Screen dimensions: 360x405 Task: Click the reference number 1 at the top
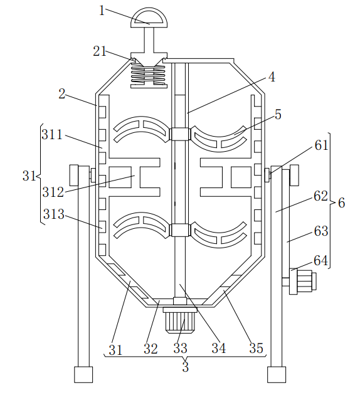click(x=102, y=11)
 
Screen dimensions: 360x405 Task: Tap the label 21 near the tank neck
click(x=100, y=51)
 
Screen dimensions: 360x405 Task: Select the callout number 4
click(x=272, y=77)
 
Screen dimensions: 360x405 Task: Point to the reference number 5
click(x=278, y=115)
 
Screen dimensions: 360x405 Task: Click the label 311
click(x=52, y=135)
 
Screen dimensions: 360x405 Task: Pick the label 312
click(x=53, y=192)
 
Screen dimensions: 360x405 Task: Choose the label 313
click(x=54, y=214)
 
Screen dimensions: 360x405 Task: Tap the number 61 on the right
click(x=321, y=145)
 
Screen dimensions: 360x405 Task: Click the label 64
click(x=320, y=260)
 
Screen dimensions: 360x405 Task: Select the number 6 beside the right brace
click(x=342, y=202)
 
